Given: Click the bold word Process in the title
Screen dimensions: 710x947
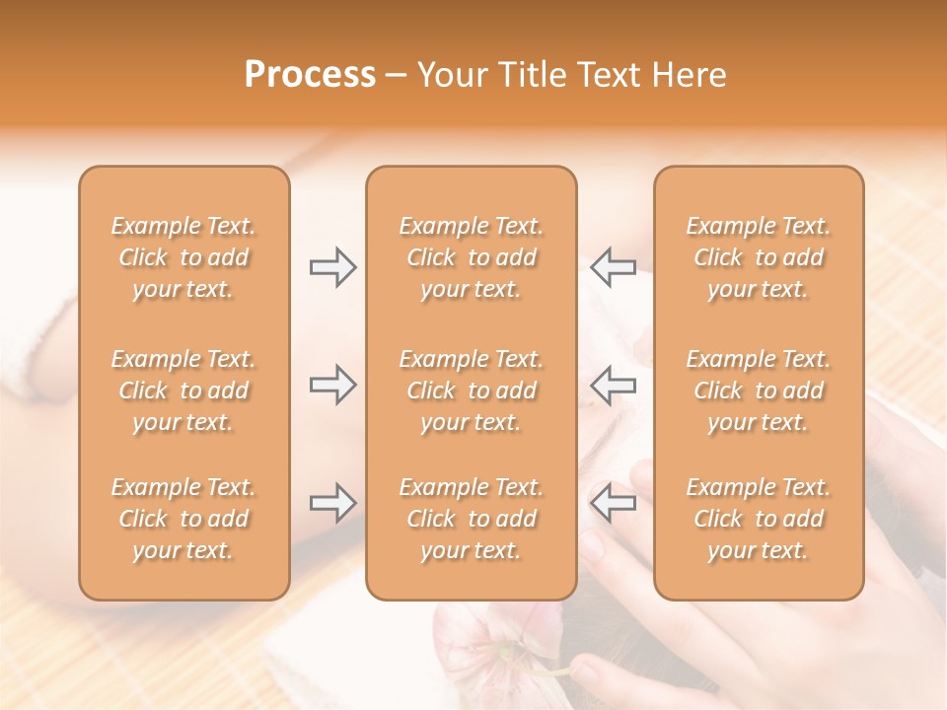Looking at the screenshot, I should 310,75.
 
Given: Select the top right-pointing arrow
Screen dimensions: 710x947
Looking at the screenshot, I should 332,267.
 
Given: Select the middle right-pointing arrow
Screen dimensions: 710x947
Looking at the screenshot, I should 332,385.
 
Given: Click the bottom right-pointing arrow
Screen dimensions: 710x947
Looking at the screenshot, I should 332,503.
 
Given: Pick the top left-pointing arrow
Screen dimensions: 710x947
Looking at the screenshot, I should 613,267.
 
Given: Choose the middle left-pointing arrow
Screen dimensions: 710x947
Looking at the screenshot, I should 613,385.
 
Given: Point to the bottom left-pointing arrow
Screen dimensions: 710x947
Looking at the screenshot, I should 613,503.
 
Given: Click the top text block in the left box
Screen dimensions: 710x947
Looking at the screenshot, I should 183,257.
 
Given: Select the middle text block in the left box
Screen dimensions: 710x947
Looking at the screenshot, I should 183,390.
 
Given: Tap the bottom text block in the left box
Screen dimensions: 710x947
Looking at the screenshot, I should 183,519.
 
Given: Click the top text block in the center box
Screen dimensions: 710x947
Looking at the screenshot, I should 471,257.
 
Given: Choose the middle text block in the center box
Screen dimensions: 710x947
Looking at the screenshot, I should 471,390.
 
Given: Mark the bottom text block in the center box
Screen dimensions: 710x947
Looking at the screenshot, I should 471,519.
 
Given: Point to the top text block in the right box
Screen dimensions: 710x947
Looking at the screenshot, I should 758,257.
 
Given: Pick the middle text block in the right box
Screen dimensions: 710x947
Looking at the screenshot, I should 758,390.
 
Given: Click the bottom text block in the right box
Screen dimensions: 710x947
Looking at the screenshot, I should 758,519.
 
